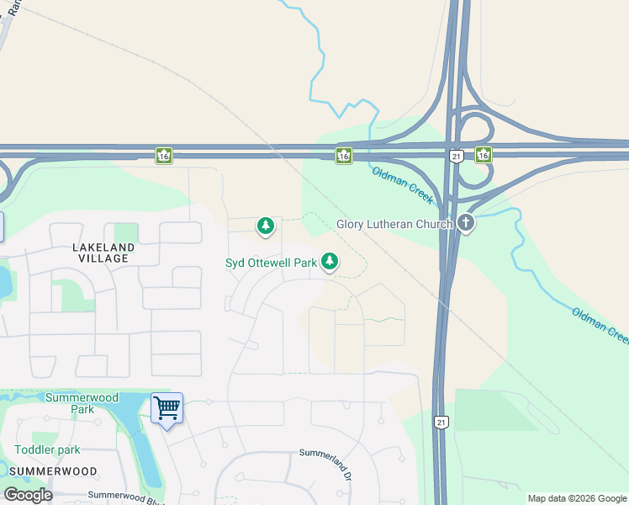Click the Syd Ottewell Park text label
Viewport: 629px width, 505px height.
pos(271,263)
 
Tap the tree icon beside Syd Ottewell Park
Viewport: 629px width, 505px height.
pos(330,263)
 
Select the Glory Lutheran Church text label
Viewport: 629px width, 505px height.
pos(395,224)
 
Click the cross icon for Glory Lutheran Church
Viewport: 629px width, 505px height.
pos(466,223)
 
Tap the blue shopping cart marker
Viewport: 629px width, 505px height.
pos(166,409)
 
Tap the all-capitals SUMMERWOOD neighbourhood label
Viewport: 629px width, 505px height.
pos(55,471)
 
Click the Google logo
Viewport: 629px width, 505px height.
pos(28,494)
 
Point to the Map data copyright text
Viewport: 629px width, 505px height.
pos(577,498)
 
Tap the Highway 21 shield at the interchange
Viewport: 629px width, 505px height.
pos(456,157)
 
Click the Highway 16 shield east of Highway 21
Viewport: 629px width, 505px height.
pos(483,154)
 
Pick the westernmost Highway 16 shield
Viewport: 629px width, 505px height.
pos(163,155)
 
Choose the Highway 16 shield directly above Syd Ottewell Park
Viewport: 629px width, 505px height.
pos(343,155)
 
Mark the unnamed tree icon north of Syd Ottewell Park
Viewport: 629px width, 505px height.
pos(266,226)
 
